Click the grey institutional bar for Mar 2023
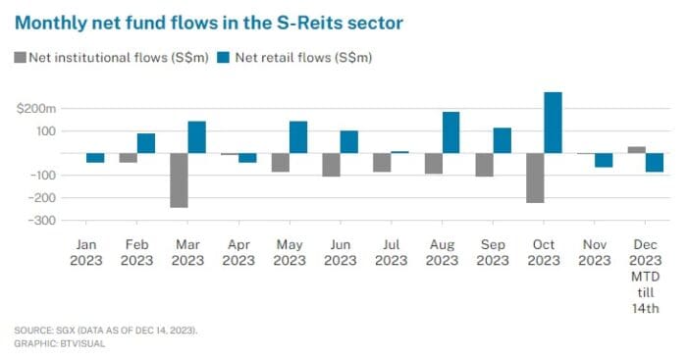point(179,180)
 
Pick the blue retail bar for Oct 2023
point(553,123)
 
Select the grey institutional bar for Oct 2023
point(535,178)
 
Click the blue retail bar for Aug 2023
point(451,132)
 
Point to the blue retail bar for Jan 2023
point(95,158)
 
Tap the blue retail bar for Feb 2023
point(146,143)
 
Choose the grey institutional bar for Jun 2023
point(332,165)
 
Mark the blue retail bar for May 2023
point(298,137)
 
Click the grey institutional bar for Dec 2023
point(637,150)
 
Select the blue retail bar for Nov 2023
point(604,161)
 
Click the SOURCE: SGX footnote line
point(106,331)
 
